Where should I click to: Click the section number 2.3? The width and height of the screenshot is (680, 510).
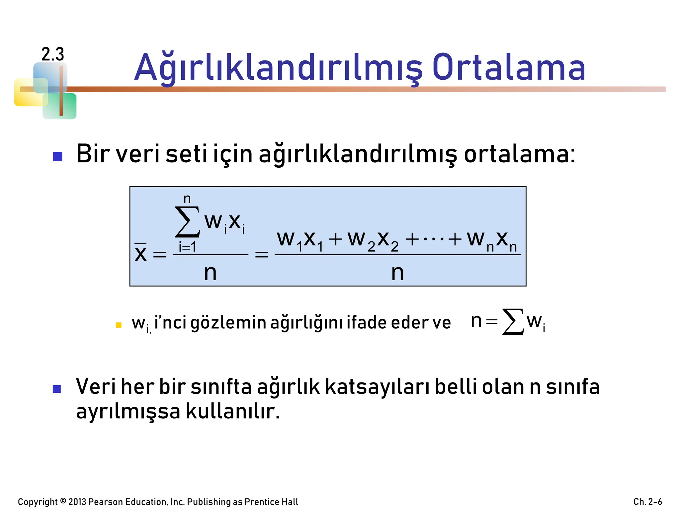[52, 54]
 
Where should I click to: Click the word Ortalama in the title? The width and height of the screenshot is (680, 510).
[509, 68]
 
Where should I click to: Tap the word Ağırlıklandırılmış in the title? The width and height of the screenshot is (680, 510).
[278, 68]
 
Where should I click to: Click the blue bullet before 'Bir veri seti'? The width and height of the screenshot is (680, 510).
[58, 156]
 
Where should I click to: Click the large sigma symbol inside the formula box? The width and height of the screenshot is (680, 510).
[188, 222]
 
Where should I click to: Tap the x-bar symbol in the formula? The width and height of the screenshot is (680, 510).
[141, 253]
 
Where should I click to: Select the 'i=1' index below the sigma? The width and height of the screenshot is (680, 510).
[188, 247]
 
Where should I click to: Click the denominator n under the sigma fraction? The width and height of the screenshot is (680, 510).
[210, 273]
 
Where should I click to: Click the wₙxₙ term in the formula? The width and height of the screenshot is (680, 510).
[492, 240]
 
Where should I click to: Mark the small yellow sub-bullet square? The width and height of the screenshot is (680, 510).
[119, 325]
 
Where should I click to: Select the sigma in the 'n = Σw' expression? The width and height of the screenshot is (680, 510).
[513, 321]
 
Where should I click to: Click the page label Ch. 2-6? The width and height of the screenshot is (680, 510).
[647, 501]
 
